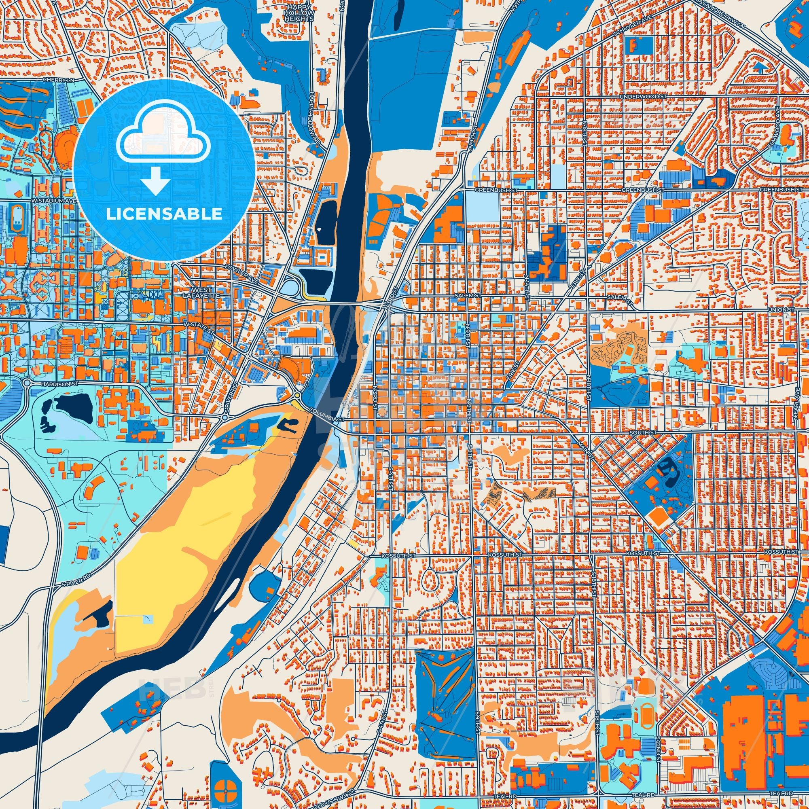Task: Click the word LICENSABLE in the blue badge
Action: pos(164,214)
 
